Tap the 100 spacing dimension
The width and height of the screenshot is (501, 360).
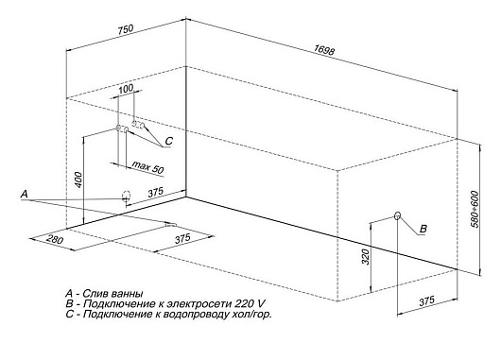pyautogui.click(x=127, y=89)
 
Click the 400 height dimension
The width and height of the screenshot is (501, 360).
pyautogui.click(x=78, y=177)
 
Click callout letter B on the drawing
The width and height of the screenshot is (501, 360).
pyautogui.click(x=423, y=230)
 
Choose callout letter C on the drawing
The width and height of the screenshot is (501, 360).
pyautogui.click(x=168, y=142)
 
